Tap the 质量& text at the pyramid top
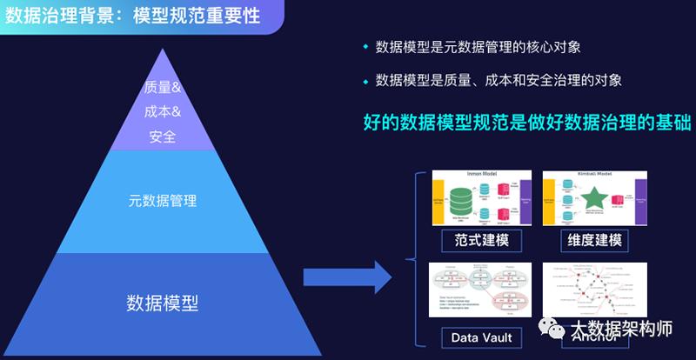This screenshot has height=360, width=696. point(163,87)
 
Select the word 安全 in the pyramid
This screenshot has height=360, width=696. point(163,137)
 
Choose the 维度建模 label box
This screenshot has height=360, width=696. point(595,238)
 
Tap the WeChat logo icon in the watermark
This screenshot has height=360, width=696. point(553,330)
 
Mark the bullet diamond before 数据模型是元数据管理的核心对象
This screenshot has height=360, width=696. point(365,46)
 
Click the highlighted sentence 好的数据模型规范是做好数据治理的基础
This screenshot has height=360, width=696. point(526,122)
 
